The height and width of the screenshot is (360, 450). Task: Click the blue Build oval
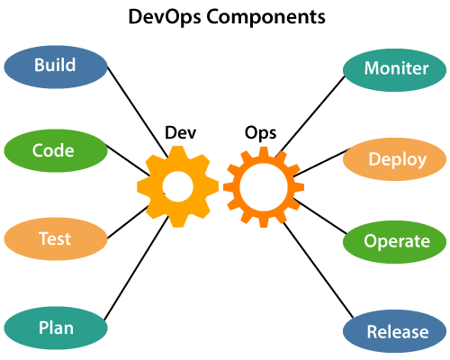(55, 67)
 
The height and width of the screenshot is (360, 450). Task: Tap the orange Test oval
(55, 239)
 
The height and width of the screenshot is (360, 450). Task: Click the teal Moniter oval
(394, 69)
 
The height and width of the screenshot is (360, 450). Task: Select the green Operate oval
(396, 242)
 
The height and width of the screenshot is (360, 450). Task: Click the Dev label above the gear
(180, 132)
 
